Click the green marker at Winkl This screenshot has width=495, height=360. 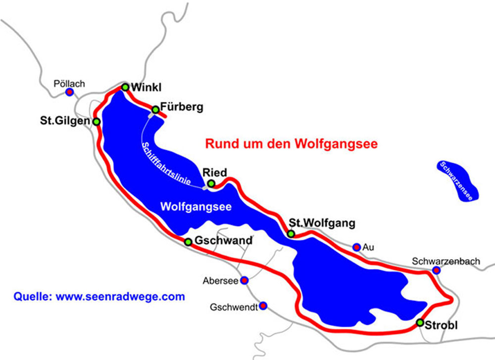tap(125, 87)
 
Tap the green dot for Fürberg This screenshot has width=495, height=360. tap(155, 109)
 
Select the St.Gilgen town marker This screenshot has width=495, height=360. tap(97, 121)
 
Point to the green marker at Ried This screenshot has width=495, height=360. tap(211, 184)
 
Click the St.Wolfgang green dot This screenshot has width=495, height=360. tap(291, 233)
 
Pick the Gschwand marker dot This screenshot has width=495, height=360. tap(188, 242)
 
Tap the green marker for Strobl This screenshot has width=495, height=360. tap(420, 323)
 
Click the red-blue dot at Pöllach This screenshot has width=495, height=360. tap(70, 92)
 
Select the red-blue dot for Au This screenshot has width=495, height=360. tap(356, 247)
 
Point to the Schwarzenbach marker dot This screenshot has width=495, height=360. tap(436, 270)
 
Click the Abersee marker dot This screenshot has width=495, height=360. tap(244, 280)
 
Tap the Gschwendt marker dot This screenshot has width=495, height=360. tap(263, 306)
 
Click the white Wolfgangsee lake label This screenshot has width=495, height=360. tap(197, 207)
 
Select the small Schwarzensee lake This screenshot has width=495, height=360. tap(458, 180)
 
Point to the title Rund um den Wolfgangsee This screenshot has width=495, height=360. tap(292, 144)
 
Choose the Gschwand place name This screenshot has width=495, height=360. tap(223, 241)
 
